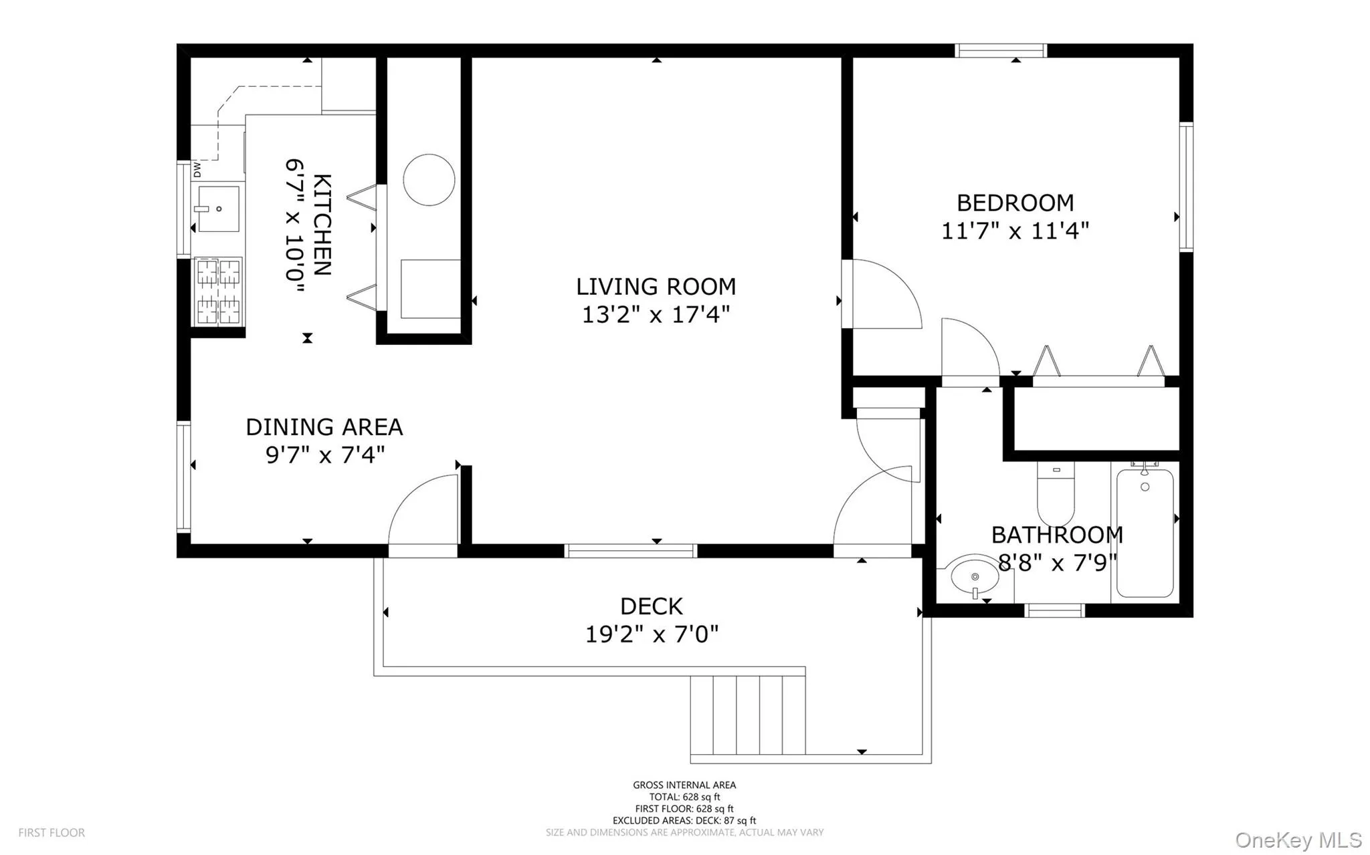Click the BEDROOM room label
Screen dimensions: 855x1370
[1015, 203]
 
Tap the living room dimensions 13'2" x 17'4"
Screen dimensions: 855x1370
[655, 314]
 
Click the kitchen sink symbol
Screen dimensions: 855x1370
[218, 209]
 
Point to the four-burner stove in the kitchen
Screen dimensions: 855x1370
[218, 291]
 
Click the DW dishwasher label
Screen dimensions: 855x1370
[197, 170]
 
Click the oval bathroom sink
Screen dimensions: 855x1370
[975, 576]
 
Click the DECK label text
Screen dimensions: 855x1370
[651, 606]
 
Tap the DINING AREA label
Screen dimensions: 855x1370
[324, 426]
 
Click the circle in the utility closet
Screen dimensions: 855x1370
[429, 180]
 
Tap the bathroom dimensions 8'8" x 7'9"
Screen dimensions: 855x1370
[1058, 563]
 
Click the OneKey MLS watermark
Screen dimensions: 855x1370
[1298, 840]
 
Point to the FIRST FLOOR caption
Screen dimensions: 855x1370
[52, 833]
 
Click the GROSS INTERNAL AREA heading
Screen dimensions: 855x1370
[684, 785]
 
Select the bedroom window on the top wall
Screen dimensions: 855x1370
[1000, 51]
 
